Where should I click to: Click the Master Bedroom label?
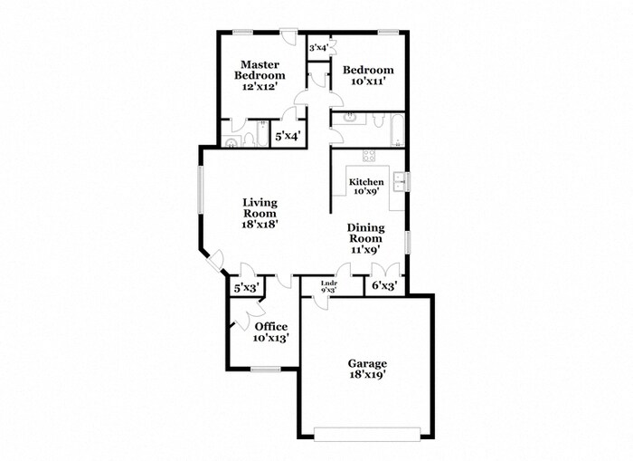point(260,70)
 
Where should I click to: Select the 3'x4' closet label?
point(317,47)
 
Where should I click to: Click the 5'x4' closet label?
point(288,136)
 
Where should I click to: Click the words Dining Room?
point(367,234)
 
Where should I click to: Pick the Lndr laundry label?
point(330,283)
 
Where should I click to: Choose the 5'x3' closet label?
point(247,288)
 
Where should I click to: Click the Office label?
point(270,327)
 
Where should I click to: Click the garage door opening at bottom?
point(366,429)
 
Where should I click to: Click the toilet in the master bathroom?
point(231,141)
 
